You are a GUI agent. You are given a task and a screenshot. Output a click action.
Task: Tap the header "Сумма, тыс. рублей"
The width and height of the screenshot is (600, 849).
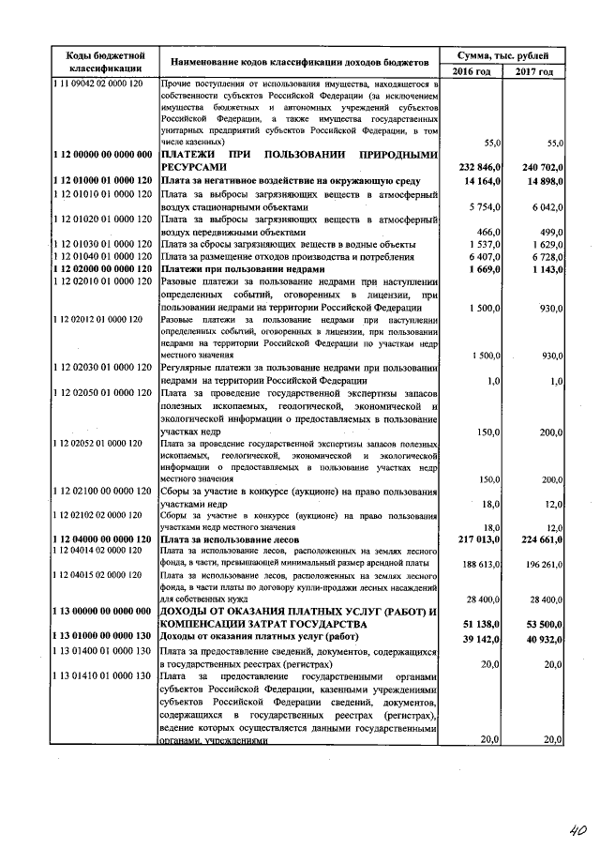tap(502, 55)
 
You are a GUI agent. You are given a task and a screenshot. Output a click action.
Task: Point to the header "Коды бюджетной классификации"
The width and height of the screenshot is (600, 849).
tap(105, 62)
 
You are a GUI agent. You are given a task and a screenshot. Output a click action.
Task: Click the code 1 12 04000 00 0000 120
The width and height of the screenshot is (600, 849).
tap(103, 540)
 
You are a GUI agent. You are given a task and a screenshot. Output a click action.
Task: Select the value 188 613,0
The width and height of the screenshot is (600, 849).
tap(477, 566)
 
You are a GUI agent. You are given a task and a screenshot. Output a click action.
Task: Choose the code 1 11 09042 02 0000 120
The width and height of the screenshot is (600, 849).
tap(97, 84)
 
